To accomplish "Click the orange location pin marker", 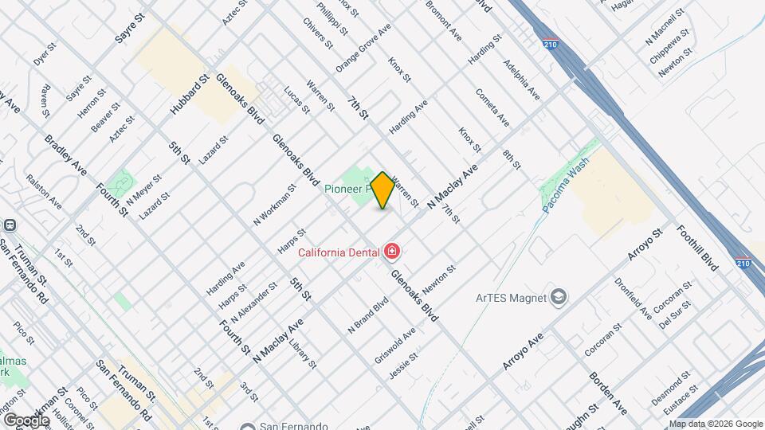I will tap(382, 190).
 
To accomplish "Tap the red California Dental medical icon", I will tap(391, 252).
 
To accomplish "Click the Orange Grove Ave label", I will tap(363, 48).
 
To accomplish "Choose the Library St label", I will tap(303, 354).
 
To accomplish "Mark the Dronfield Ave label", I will tap(633, 297).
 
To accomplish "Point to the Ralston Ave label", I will tap(44, 192).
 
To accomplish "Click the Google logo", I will tap(25, 420).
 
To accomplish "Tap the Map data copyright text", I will tap(715, 424).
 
